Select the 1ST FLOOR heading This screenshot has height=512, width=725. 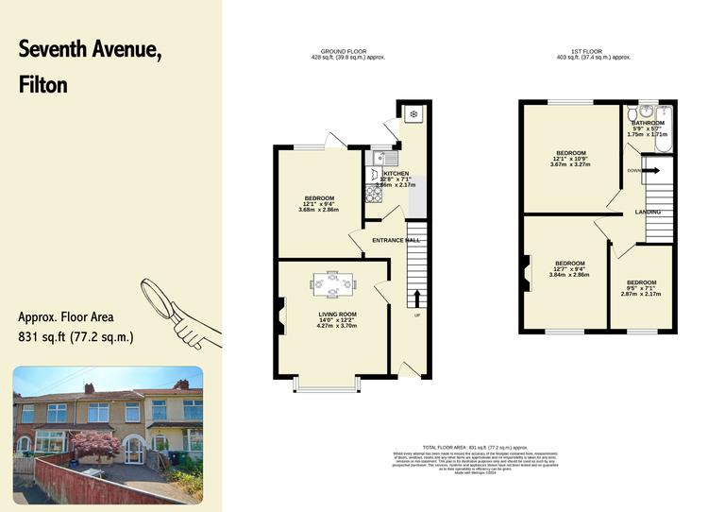594,52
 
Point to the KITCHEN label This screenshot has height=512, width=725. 396,175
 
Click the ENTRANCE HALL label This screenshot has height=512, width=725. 396,241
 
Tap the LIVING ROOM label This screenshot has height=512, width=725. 337,314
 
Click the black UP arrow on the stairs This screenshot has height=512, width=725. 417,299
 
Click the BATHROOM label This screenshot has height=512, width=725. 648,123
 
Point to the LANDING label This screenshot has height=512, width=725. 648,212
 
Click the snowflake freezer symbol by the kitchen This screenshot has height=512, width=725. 413,114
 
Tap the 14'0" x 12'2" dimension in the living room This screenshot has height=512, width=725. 337,320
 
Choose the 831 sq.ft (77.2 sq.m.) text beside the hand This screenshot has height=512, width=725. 76,336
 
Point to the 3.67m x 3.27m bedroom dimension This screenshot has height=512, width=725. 570,164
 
